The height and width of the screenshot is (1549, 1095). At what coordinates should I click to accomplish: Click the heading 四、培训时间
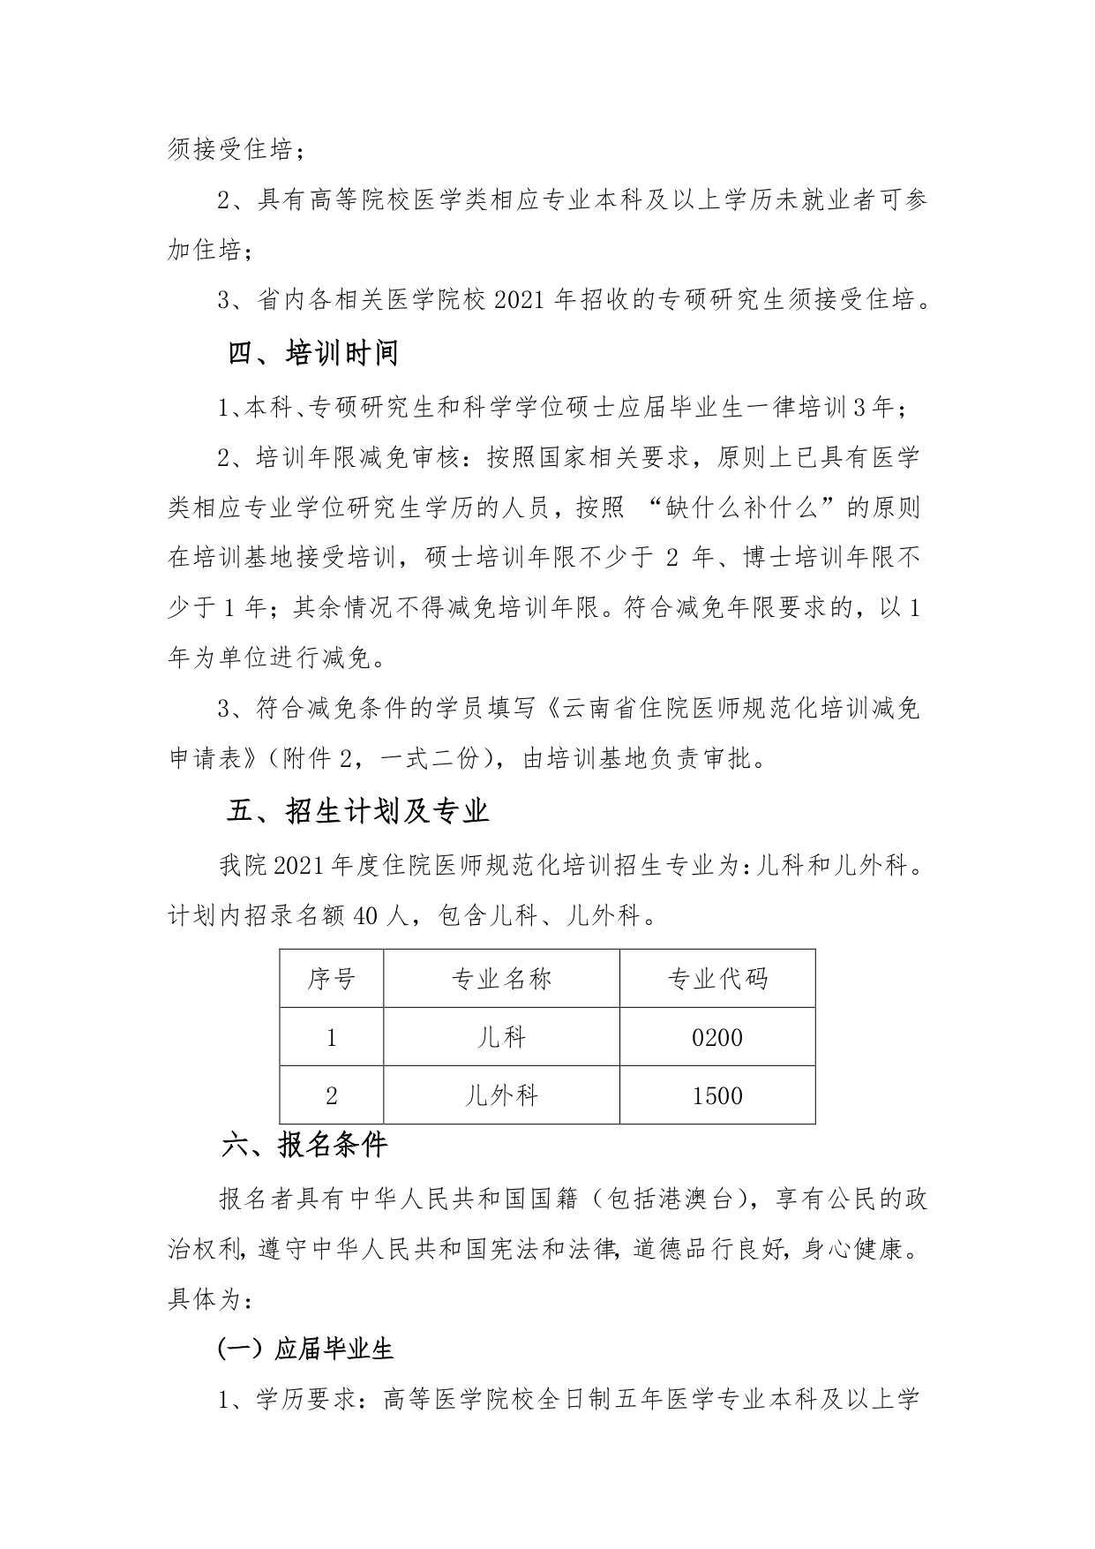[312, 353]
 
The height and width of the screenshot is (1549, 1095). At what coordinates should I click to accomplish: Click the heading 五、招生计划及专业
[357, 811]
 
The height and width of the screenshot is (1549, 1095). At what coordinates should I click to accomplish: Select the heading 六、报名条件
[304, 1145]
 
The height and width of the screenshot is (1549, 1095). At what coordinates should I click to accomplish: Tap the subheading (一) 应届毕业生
[305, 1350]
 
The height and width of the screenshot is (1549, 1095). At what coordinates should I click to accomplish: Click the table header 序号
[332, 978]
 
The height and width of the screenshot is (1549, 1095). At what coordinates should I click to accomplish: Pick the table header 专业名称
[501, 978]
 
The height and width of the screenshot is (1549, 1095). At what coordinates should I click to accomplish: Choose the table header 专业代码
[717, 978]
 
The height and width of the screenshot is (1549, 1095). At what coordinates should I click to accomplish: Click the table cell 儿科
[501, 1037]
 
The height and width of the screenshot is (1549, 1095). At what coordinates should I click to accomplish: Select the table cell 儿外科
[501, 1095]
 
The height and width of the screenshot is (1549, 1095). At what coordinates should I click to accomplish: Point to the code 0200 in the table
[717, 1037]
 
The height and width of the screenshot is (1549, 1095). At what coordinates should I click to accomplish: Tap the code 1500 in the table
[717, 1095]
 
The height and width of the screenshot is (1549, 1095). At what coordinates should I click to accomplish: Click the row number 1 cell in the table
[332, 1037]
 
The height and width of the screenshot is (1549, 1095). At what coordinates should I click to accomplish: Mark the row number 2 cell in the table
[332, 1095]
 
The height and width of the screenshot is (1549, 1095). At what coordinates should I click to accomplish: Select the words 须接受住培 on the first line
[229, 150]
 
